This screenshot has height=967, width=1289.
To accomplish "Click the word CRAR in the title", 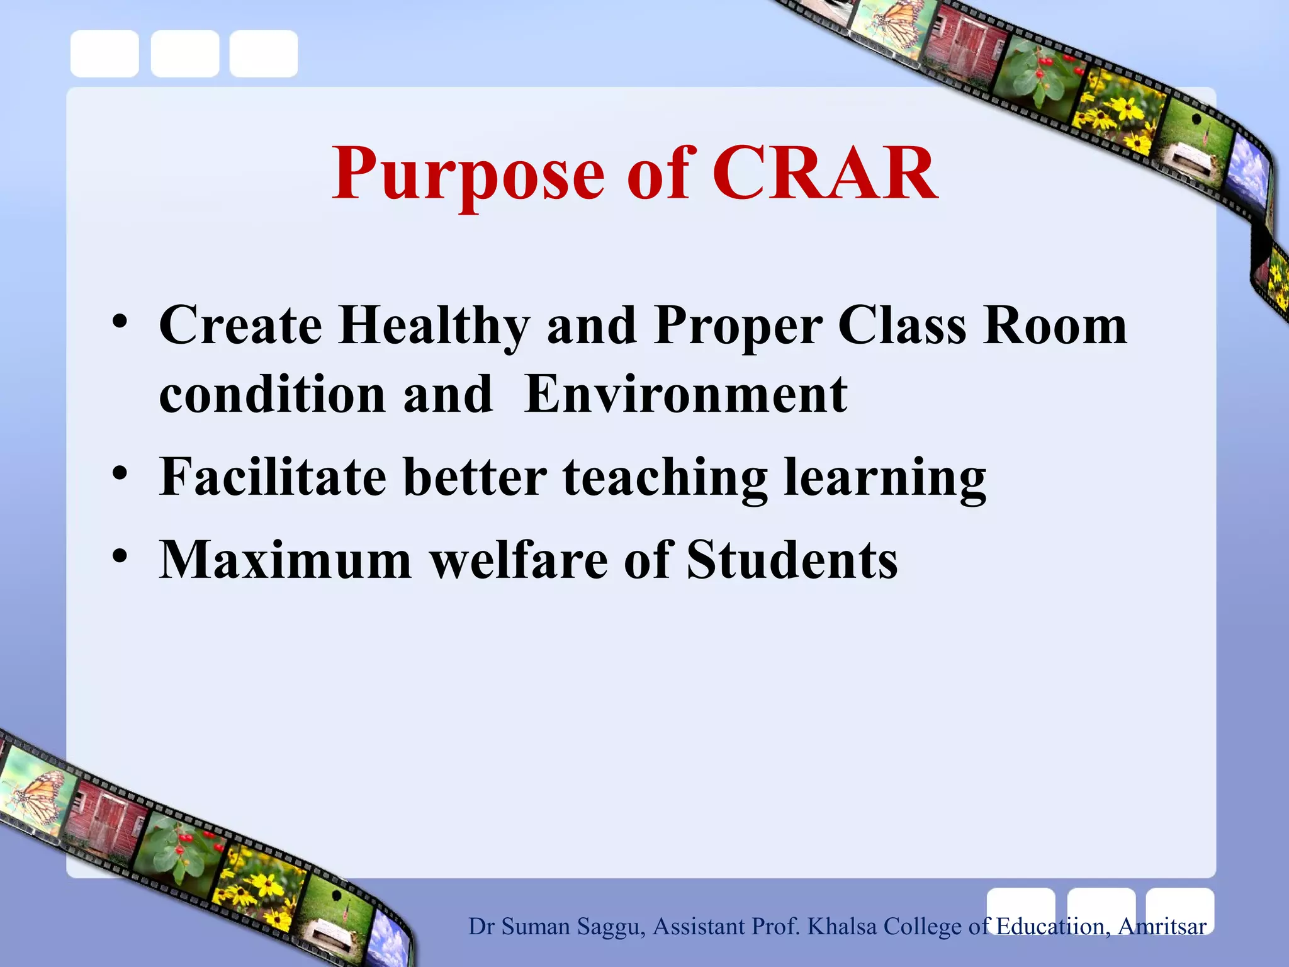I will click(825, 173).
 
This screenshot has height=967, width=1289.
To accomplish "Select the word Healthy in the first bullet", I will click(434, 327).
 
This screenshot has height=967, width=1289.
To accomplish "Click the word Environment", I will click(686, 395).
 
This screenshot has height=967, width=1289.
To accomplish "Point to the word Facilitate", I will click(273, 477).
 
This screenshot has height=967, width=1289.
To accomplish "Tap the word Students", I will click(792, 560).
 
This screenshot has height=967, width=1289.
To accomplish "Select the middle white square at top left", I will click(185, 54).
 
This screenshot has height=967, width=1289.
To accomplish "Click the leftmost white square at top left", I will click(104, 54).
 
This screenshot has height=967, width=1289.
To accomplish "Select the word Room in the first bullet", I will click(1055, 327).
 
